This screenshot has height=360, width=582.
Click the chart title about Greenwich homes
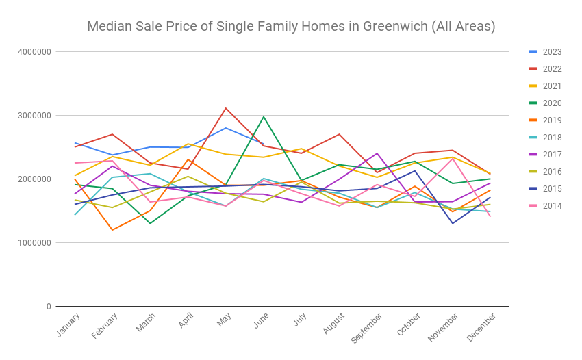point(291,27)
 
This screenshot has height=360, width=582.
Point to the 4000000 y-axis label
point(34,51)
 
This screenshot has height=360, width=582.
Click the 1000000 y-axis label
point(34,242)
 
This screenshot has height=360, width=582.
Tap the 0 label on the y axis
point(48,306)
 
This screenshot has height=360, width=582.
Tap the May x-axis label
point(220,321)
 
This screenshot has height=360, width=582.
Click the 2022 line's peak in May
point(226,108)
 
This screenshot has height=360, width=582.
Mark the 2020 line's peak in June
point(264,116)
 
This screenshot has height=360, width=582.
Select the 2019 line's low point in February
point(112,230)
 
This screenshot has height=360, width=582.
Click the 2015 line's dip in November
point(452,223)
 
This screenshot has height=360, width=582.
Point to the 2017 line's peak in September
point(377,153)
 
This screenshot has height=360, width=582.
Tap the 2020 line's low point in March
point(150,223)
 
